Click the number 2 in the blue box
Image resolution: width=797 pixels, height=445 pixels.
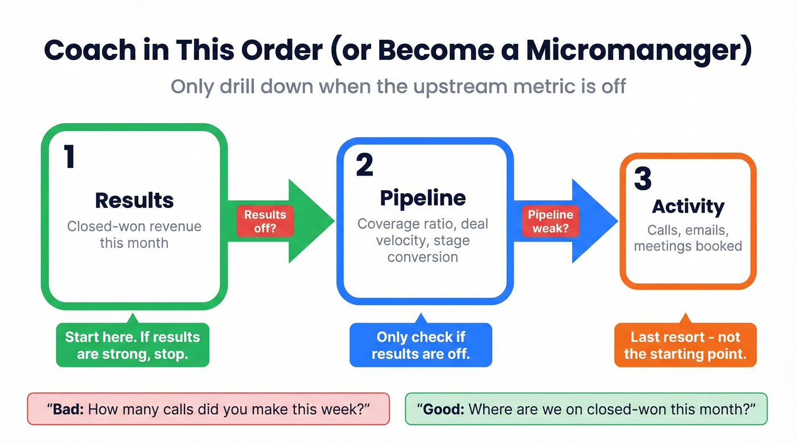(x=364, y=164)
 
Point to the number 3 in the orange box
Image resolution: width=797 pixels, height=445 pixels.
(x=643, y=179)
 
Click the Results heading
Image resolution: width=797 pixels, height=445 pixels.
(x=134, y=201)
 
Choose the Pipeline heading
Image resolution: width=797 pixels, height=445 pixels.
(x=422, y=198)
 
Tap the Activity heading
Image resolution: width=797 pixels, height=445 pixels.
(x=688, y=206)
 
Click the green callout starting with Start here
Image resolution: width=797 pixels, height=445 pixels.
(x=133, y=345)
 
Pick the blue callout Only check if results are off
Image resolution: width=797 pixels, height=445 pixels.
(x=421, y=345)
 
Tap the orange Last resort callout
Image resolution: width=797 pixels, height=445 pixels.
(x=685, y=345)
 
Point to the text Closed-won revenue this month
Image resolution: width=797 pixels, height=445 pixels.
(x=134, y=234)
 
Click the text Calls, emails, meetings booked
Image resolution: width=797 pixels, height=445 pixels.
(x=688, y=238)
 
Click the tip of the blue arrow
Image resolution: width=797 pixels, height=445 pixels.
(x=617, y=221)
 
